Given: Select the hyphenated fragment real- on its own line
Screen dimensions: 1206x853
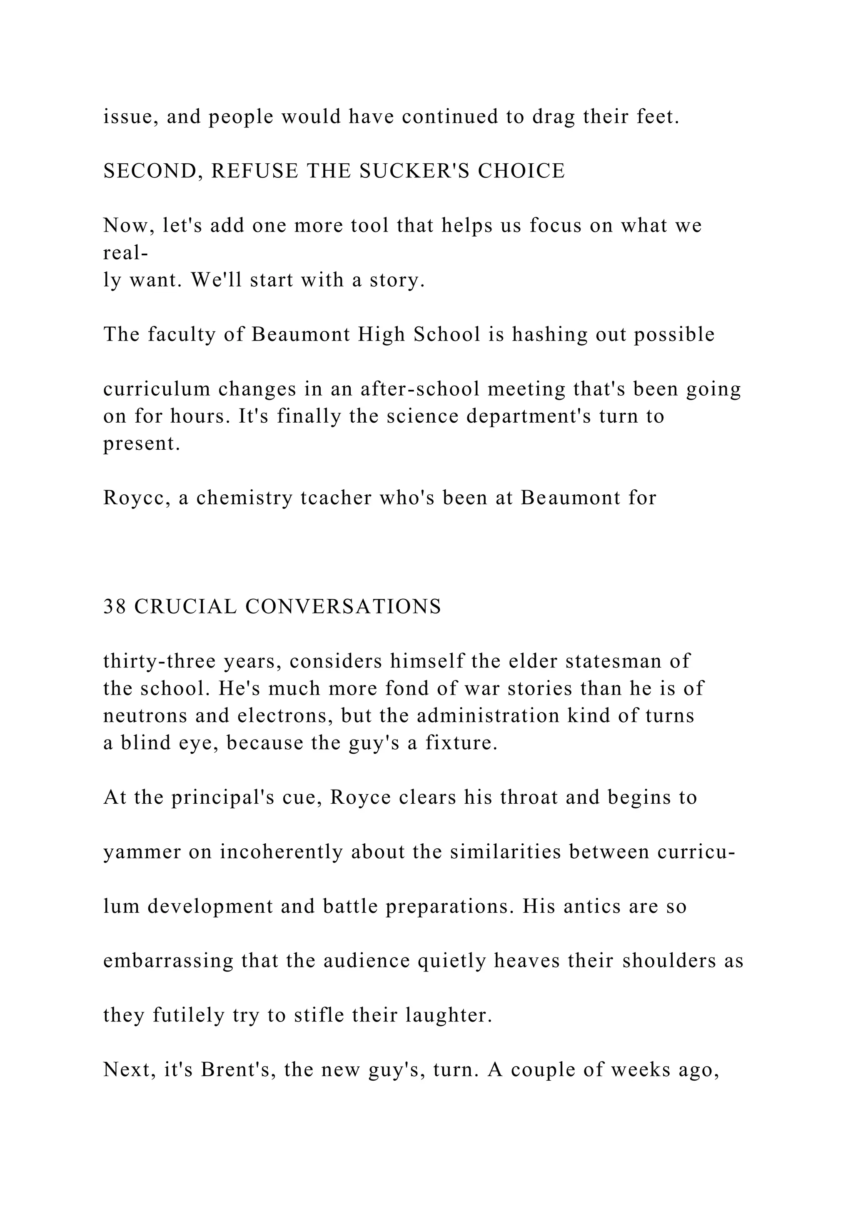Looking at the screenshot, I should [125, 253].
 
